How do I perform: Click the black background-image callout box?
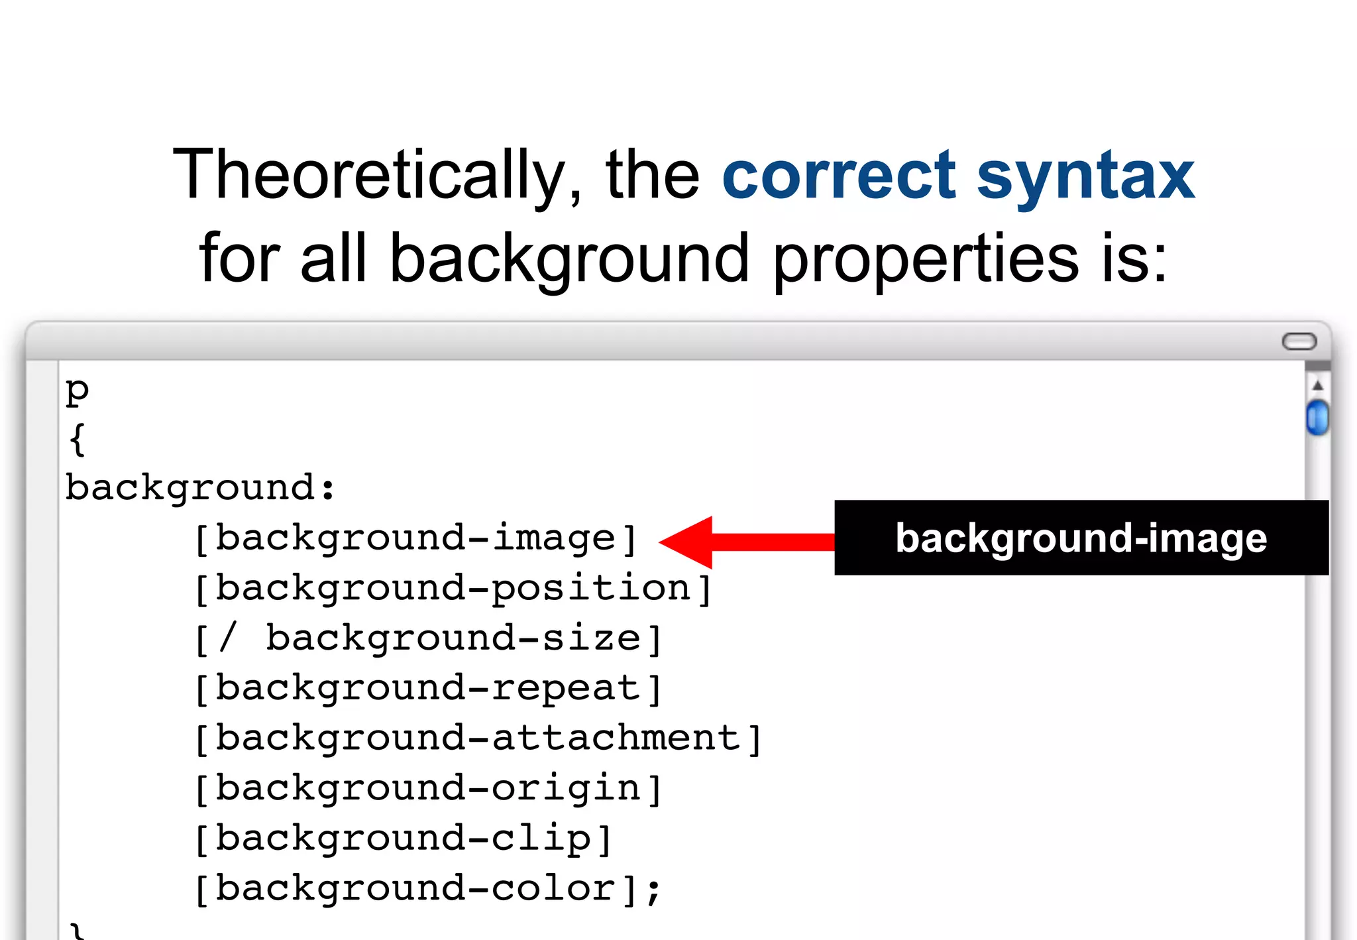tap(1081, 538)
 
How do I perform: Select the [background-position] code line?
tap(453, 589)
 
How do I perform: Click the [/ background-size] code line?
tap(428, 638)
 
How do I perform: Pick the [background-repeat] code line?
tap(428, 689)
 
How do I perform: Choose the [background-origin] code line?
tap(428, 789)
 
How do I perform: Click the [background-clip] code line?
tap(403, 839)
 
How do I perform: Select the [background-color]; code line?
tap(428, 889)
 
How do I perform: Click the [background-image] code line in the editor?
tap(415, 538)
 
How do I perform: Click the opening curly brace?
tap(77, 439)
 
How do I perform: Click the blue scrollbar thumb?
tap(1317, 418)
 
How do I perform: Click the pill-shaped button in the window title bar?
tap(1299, 341)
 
